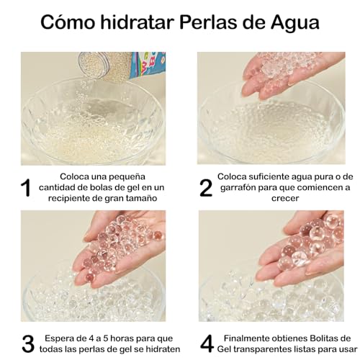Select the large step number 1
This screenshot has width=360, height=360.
point(24,188)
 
